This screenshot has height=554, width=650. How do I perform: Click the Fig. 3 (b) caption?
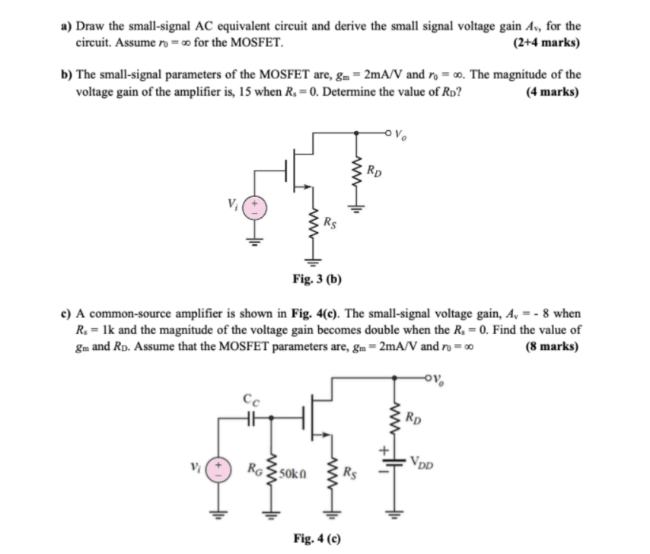(x=316, y=279)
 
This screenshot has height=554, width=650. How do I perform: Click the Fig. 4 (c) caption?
(x=316, y=539)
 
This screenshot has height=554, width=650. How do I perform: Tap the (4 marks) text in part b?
(x=552, y=93)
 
